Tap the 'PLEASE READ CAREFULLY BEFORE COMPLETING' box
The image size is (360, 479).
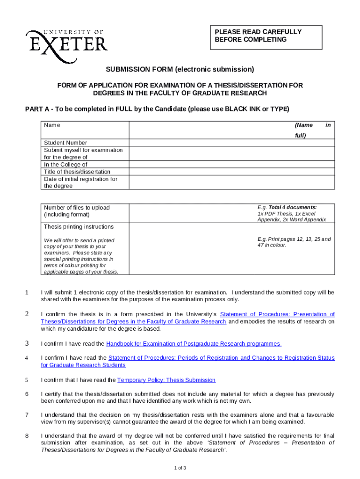point(265,36)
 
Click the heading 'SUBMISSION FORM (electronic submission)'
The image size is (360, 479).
point(180,70)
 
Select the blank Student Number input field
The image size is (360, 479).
point(231,143)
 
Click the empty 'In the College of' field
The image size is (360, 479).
point(231,164)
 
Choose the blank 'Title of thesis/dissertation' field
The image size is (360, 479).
point(231,171)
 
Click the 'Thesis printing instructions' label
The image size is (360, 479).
point(79,226)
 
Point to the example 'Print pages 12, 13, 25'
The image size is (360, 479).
point(294,239)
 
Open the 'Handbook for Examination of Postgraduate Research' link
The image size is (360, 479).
point(194,344)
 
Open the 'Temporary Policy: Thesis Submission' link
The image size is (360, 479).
point(166,380)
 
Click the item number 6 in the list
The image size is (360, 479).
point(27,393)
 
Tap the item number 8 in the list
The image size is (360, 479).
point(27,436)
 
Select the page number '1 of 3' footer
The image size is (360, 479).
point(180,468)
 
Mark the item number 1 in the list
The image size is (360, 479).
point(27,293)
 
